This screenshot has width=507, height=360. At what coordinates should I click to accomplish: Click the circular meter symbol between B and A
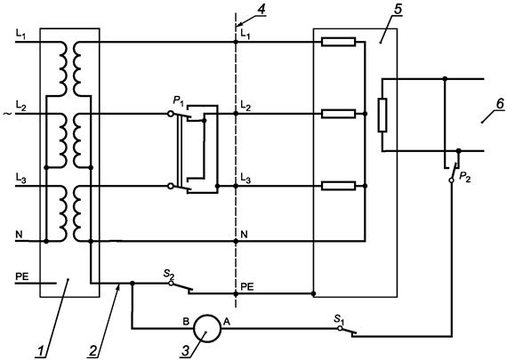pyautogui.click(x=207, y=328)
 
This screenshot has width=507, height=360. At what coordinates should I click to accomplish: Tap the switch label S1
pyautogui.click(x=339, y=319)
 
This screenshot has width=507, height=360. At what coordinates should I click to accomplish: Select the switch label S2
pyautogui.click(x=169, y=274)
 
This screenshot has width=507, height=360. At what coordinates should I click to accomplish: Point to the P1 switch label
pyautogui.click(x=178, y=100)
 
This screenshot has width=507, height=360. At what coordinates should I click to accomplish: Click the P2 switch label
pyautogui.click(x=464, y=178)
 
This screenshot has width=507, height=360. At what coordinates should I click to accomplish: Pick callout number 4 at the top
pyautogui.click(x=261, y=9)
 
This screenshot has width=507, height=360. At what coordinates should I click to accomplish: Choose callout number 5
pyautogui.click(x=398, y=9)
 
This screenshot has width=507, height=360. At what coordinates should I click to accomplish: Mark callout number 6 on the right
pyautogui.click(x=500, y=104)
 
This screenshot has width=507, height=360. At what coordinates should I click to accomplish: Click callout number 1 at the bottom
pyautogui.click(x=41, y=351)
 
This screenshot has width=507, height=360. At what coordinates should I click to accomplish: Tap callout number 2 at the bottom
pyautogui.click(x=93, y=351)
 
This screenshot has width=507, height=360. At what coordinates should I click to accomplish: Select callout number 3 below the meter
pyautogui.click(x=186, y=351)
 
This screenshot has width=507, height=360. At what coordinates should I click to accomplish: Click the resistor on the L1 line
pyautogui.click(x=338, y=42)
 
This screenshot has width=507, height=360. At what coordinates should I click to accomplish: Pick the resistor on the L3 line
pyautogui.click(x=338, y=186)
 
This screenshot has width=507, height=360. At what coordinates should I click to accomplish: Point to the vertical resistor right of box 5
pyautogui.click(x=382, y=115)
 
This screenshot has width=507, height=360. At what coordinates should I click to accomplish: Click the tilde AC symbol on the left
pyautogui.click(x=7, y=114)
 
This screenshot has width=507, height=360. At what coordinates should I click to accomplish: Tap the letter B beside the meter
pyautogui.click(x=186, y=322)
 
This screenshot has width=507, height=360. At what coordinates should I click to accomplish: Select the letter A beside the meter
pyautogui.click(x=227, y=322)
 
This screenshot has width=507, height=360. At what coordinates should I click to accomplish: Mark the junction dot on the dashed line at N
pyautogui.click(x=236, y=241)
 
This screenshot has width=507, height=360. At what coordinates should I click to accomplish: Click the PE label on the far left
pyautogui.click(x=22, y=276)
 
